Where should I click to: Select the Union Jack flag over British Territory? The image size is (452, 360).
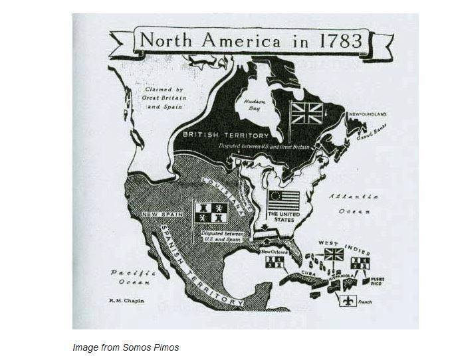[x=306, y=114]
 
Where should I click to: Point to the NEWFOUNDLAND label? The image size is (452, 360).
[x=368, y=114]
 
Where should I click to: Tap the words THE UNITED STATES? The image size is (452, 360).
[x=284, y=219]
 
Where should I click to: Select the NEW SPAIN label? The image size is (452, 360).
[x=158, y=214]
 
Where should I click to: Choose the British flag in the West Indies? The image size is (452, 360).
[x=334, y=254]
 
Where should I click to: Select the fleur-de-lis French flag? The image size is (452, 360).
[x=347, y=300]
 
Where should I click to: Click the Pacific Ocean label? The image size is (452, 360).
[x=133, y=277]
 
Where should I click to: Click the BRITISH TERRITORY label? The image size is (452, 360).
[x=217, y=135]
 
